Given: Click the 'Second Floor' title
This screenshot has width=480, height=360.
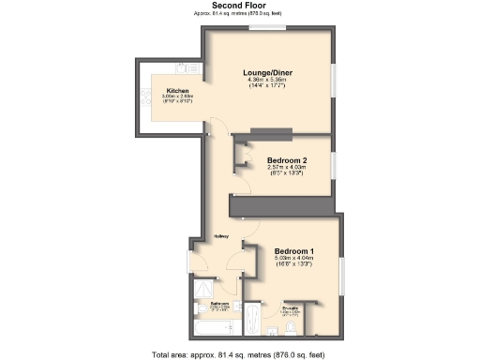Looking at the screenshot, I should coord(239,6).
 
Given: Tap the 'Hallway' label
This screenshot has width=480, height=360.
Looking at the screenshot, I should coord(222,236).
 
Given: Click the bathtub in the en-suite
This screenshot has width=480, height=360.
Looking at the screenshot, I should coord(254,320).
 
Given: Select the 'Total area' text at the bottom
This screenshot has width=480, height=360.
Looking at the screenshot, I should coord(239,353).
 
